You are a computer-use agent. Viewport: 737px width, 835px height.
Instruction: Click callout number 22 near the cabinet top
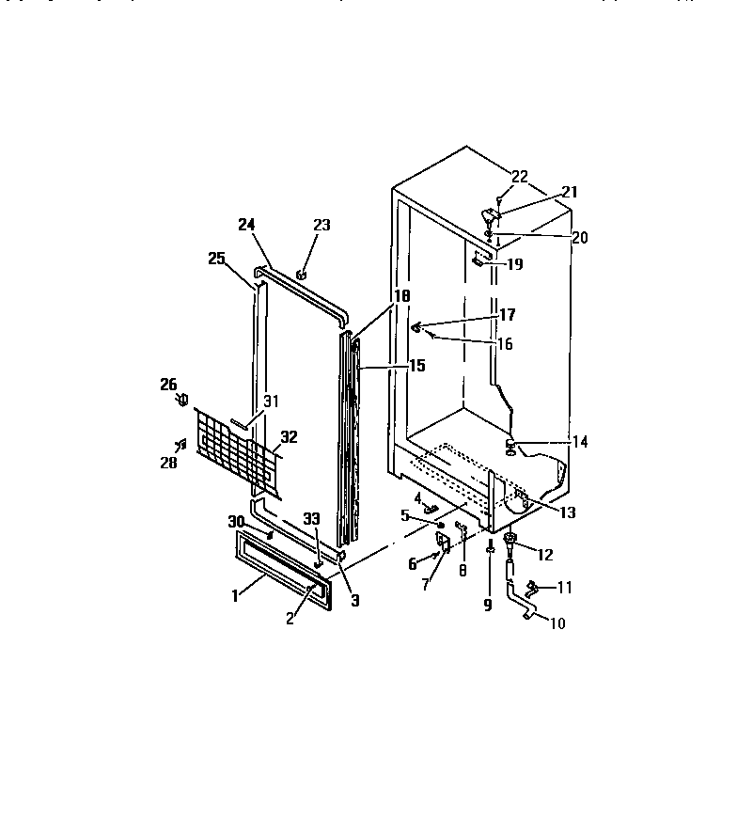point(520,175)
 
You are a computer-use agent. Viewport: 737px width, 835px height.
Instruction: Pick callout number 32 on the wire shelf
point(289,436)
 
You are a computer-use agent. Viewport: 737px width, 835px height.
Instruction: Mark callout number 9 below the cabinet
point(488,606)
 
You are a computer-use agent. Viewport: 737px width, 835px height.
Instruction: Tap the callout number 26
point(168,384)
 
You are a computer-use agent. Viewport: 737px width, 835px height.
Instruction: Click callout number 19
point(514,265)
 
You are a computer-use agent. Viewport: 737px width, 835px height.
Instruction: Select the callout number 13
point(567,512)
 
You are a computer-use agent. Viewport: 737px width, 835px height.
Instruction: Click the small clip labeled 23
point(302,275)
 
